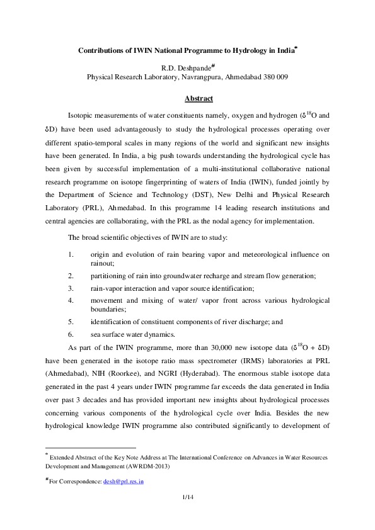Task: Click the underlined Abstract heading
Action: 199,99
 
